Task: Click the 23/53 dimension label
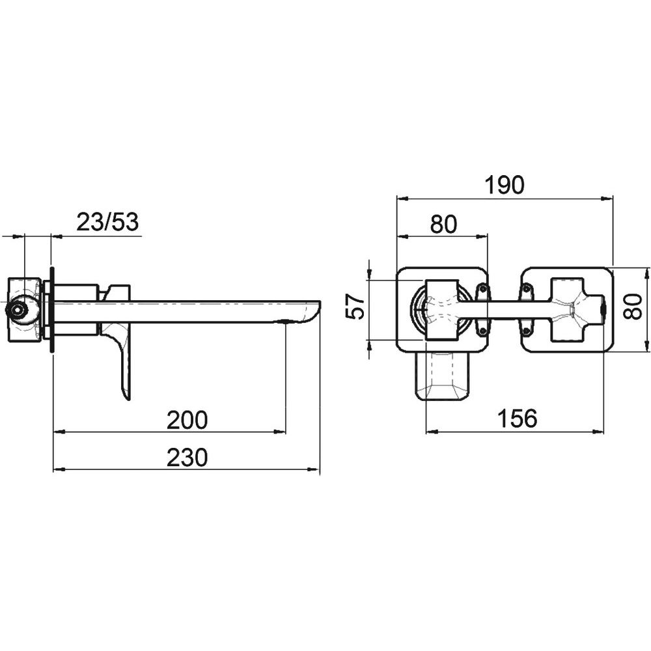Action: click(x=107, y=222)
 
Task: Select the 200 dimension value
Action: click(x=187, y=420)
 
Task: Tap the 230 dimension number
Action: click(x=187, y=458)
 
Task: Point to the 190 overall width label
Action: click(x=505, y=185)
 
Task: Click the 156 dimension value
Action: click(x=518, y=419)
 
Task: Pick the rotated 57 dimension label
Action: click(x=355, y=306)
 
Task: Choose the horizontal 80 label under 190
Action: click(x=443, y=224)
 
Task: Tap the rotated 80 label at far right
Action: click(x=633, y=306)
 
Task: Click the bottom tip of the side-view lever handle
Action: click(x=128, y=400)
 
